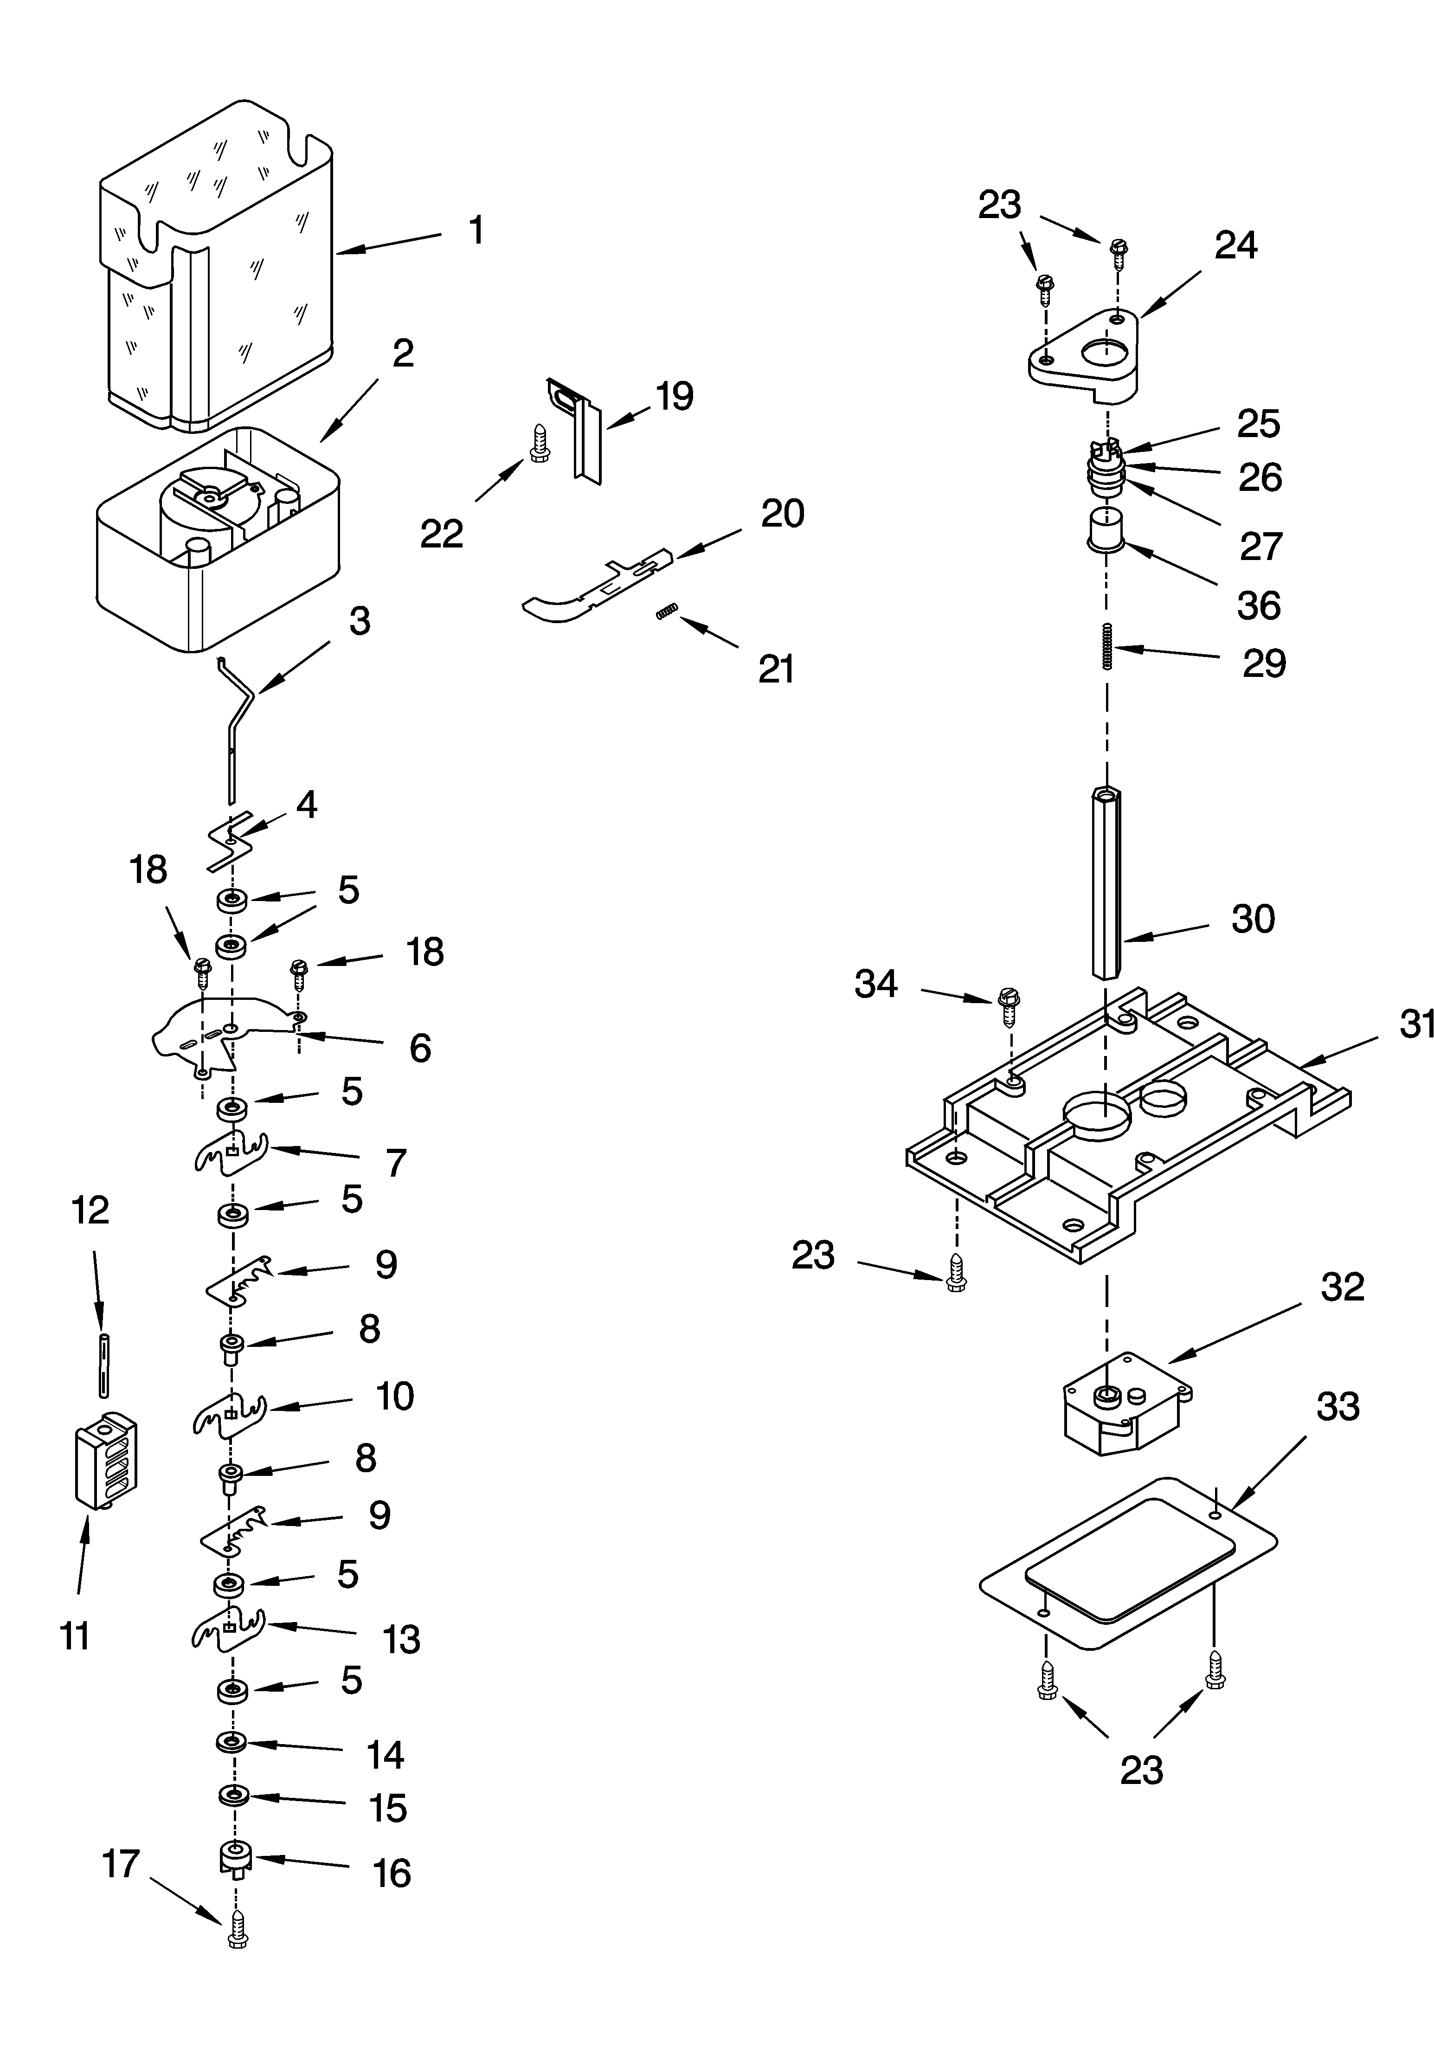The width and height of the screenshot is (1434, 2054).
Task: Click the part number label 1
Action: [x=477, y=230]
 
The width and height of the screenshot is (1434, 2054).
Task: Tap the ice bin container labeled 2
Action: [x=218, y=537]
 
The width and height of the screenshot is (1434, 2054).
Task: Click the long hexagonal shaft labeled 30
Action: [x=1106, y=881]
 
